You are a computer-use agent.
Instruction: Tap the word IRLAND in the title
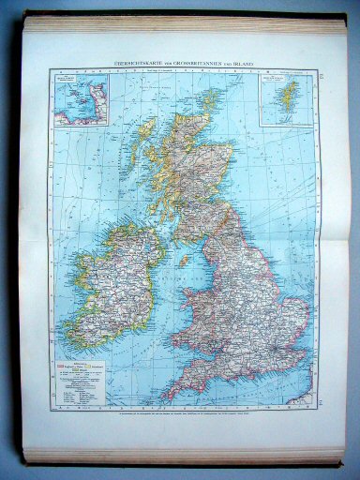[246, 63]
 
